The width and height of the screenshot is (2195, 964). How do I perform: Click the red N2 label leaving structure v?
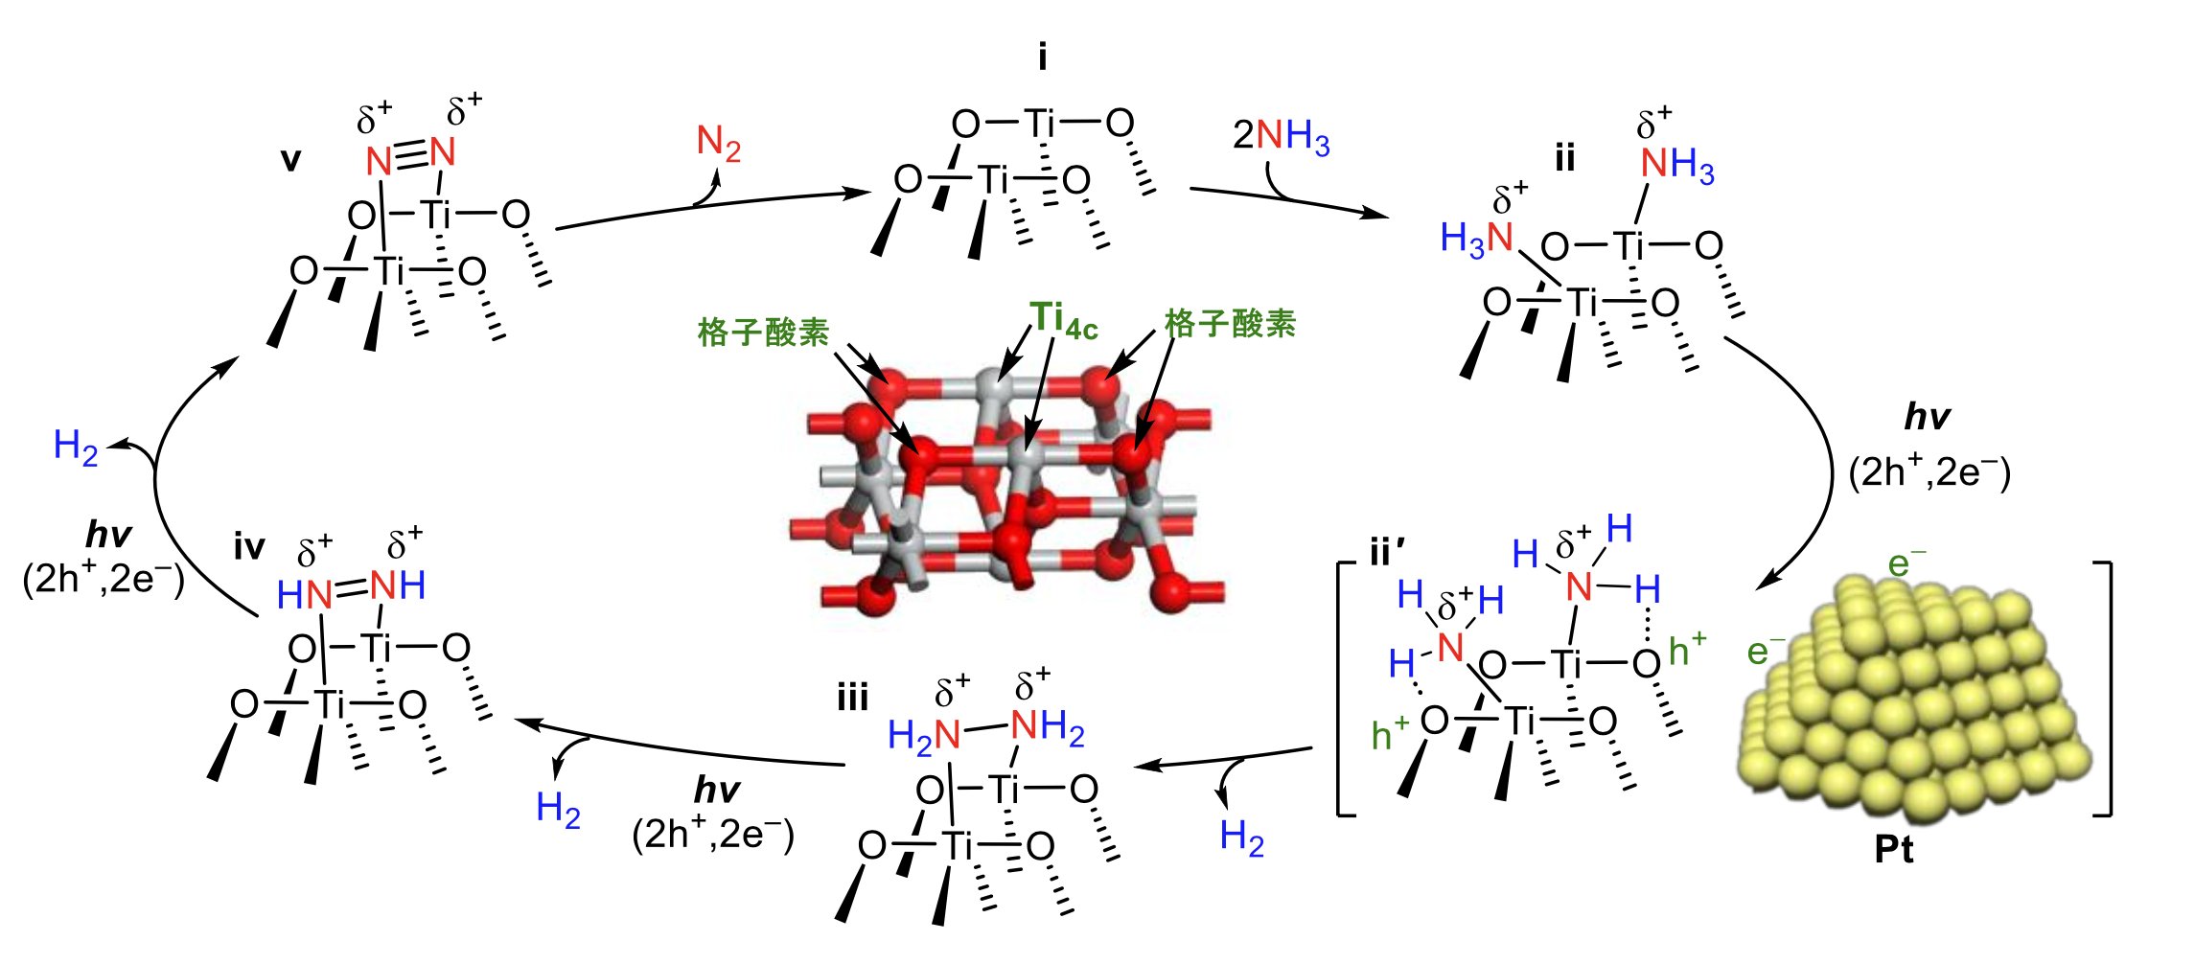coord(719,144)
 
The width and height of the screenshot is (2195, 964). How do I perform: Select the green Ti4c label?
coord(1063,320)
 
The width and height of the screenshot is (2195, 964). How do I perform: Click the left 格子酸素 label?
coord(763,333)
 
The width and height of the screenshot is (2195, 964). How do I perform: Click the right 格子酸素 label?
coord(1230,324)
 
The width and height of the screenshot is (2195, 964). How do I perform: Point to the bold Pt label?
coord(1894,850)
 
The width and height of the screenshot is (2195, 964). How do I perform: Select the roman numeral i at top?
coord(1043,58)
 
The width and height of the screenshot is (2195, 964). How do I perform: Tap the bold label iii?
coord(852,697)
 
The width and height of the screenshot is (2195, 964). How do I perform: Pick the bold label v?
coord(290,159)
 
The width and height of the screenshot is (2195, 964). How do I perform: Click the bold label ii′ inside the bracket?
coord(1387,553)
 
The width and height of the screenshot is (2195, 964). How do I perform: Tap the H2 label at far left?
coord(76,447)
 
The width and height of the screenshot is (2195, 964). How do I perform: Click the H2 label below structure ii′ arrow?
coord(1242,838)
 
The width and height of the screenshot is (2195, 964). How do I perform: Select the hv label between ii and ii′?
coord(1927,417)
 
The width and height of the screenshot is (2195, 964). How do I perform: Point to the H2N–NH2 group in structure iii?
coord(986,730)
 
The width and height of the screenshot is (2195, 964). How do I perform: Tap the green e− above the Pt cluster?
coord(1906,562)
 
